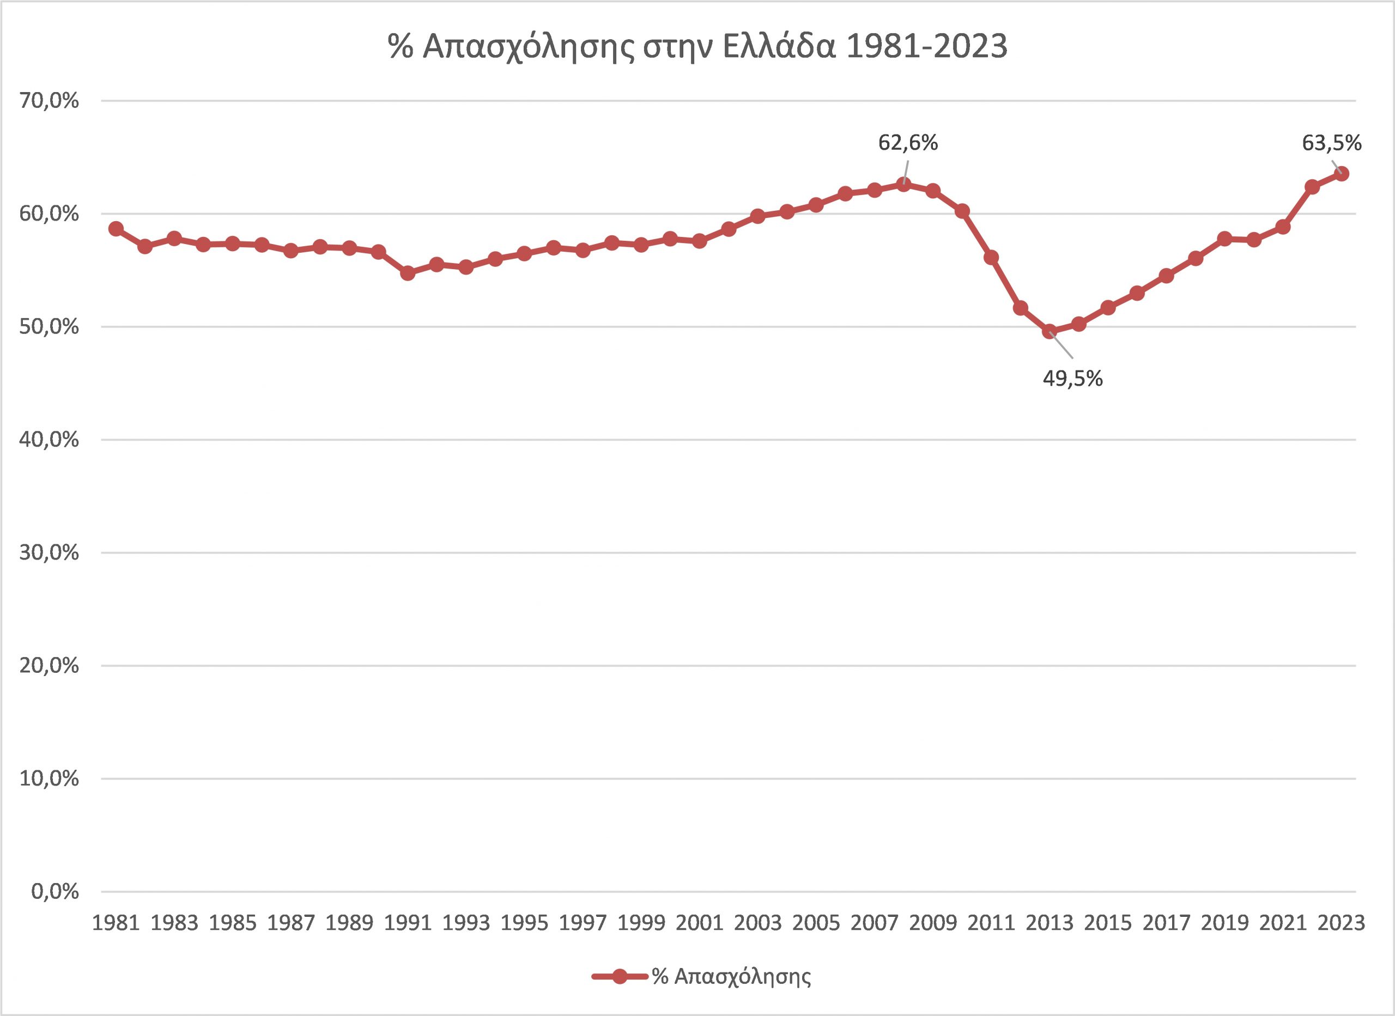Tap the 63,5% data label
point(1332,143)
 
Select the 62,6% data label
point(908,143)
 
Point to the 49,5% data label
point(1073,379)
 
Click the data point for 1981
point(116,229)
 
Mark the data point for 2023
point(1342,174)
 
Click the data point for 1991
point(407,273)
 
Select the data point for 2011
point(991,258)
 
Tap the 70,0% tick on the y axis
point(50,101)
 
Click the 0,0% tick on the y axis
point(56,891)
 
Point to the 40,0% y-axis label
point(50,440)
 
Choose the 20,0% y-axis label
point(50,666)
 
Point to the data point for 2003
point(758,216)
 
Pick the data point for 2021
point(1283,228)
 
